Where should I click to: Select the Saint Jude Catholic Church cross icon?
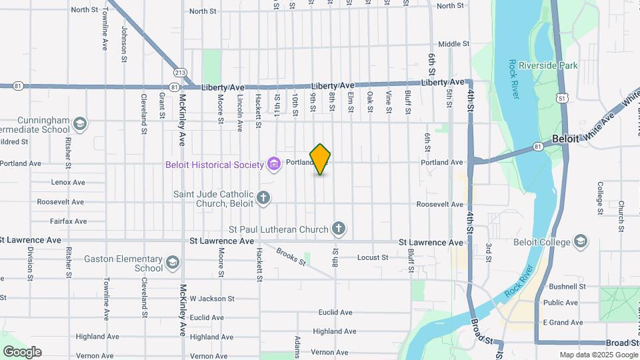[264, 197]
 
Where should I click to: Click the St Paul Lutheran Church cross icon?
[339, 229]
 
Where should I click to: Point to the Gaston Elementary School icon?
[173, 262]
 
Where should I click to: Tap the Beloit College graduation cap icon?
[581, 241]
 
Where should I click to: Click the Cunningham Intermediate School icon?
[80, 124]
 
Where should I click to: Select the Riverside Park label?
[551, 66]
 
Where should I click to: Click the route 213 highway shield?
[180, 73]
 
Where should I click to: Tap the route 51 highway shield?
[564, 98]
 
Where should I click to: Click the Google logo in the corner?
[22, 352]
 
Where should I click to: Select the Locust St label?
[372, 257]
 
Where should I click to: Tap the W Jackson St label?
[212, 299]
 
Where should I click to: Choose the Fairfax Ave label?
[68, 221]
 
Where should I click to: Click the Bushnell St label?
[567, 287]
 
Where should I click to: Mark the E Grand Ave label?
[563, 322]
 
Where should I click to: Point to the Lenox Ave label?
[69, 182]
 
